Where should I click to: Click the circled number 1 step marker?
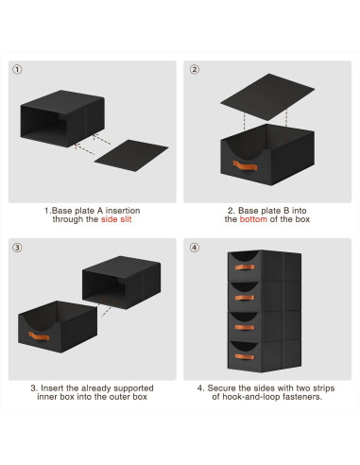17,69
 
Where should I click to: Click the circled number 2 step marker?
195,69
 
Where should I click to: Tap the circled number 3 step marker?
17,248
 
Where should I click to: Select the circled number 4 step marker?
195,248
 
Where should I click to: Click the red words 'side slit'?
116,219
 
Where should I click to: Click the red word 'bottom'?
253,219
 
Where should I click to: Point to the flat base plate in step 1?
131,156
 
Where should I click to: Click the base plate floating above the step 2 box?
267,97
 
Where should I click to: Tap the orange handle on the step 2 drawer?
246,165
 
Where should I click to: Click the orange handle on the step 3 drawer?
39,336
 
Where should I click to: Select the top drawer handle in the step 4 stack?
245,267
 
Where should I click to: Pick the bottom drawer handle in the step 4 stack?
245,356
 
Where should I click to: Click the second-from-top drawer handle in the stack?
245,298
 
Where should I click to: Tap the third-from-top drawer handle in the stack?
245,327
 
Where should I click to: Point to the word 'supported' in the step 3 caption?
133,388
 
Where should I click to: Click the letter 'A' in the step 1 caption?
100,211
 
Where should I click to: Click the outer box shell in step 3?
121,283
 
